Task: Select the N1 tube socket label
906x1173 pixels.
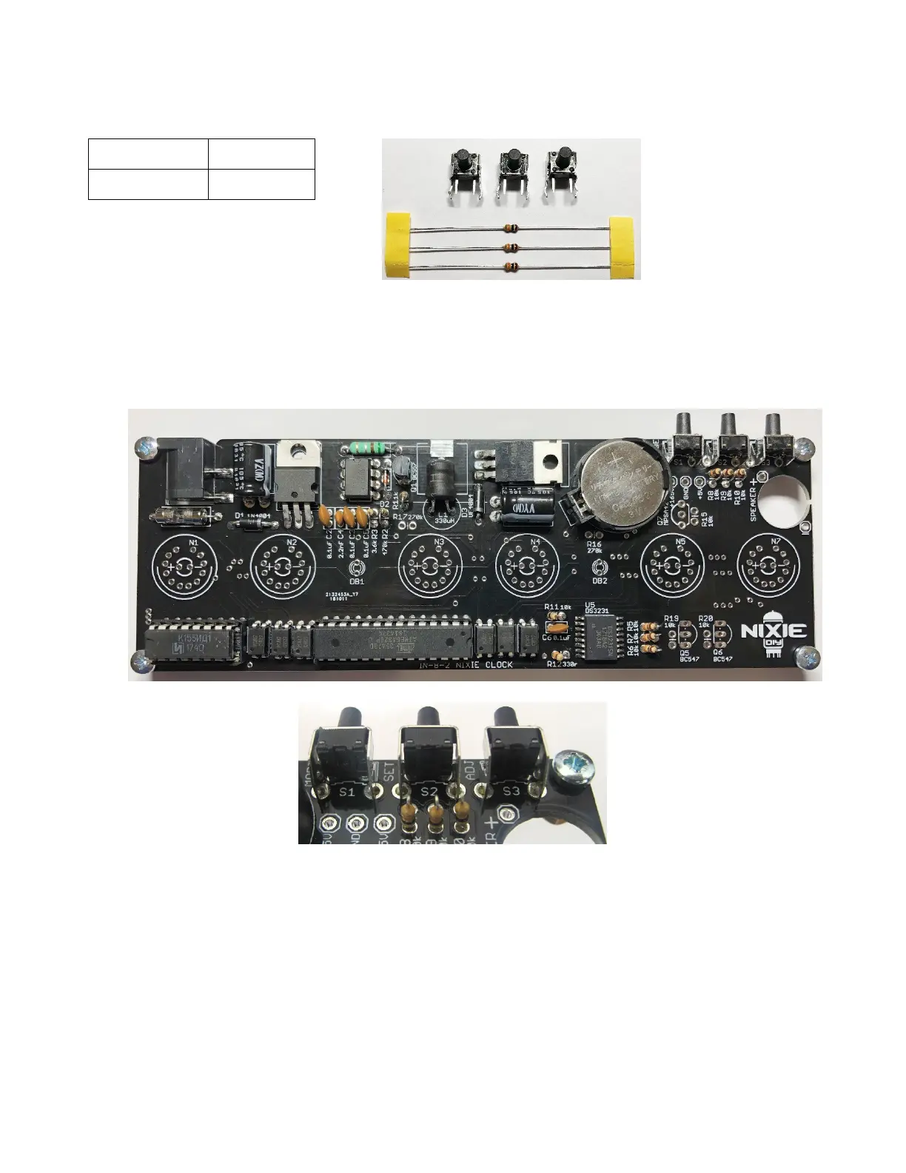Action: point(193,543)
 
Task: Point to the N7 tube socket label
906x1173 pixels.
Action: point(775,541)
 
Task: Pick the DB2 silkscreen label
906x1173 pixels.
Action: point(600,581)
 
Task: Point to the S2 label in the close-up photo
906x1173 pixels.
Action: point(429,792)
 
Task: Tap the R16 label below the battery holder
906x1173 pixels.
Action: point(594,544)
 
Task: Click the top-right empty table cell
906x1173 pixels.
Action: point(261,153)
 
